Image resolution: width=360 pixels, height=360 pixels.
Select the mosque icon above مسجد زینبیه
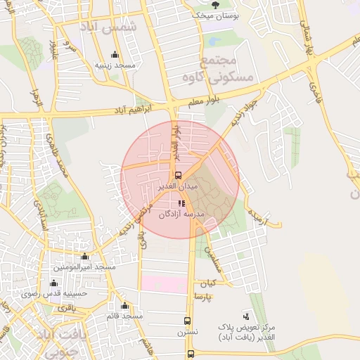point(115,54)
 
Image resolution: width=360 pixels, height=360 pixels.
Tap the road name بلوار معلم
point(205,101)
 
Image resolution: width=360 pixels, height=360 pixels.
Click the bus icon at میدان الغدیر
point(178,175)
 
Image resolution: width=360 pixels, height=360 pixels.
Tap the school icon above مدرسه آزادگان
point(181,204)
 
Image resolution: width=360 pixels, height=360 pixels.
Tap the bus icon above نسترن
point(187,319)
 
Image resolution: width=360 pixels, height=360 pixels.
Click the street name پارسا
point(223,298)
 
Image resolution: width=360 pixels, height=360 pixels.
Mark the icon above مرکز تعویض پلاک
point(245,316)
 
